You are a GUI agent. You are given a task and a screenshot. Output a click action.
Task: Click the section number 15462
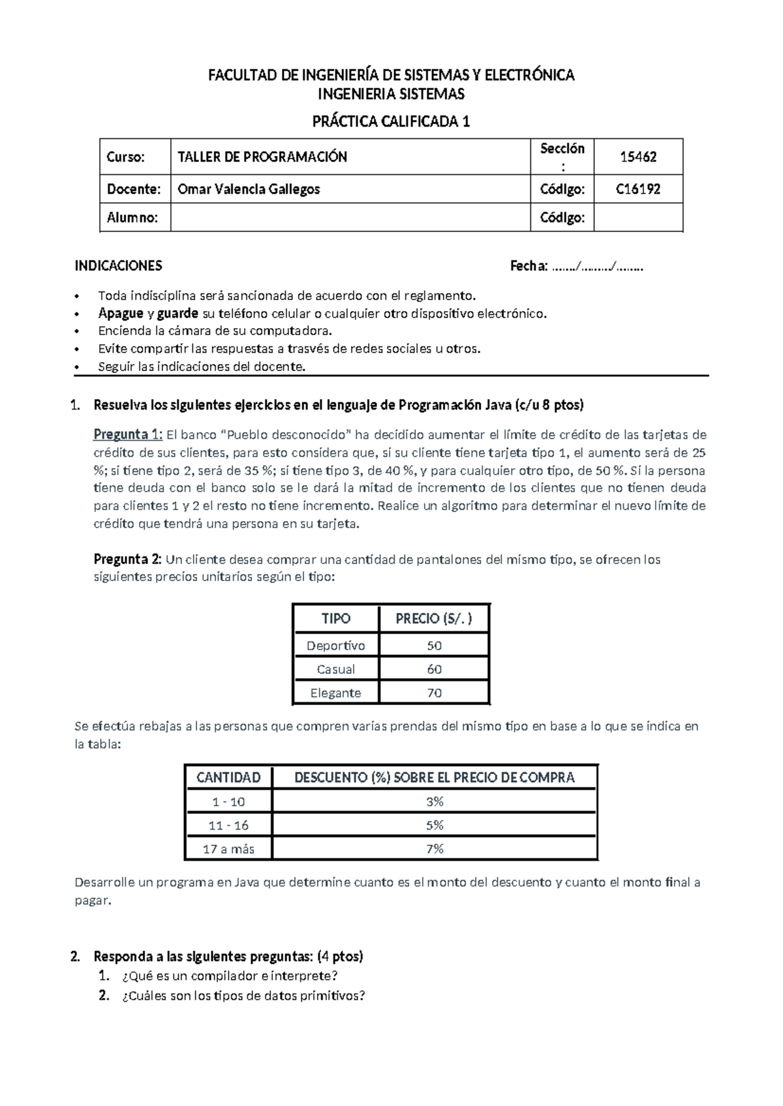(x=637, y=157)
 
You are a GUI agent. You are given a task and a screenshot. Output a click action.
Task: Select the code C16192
(x=637, y=189)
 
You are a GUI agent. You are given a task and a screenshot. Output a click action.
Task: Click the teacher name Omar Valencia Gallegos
(x=249, y=189)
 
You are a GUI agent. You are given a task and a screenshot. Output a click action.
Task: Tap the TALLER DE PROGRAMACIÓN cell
(x=262, y=157)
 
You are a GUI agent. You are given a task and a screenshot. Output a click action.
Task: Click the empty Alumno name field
(x=350, y=217)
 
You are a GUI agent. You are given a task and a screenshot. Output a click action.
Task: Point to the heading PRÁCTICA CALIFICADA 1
(x=391, y=121)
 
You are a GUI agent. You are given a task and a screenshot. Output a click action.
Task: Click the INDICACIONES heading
(x=118, y=265)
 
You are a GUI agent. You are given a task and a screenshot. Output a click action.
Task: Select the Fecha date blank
(x=597, y=266)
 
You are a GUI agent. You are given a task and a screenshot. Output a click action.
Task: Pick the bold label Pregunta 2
(x=127, y=559)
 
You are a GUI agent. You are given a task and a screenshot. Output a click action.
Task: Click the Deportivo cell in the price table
(x=335, y=645)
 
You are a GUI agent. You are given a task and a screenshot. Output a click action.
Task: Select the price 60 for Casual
(x=434, y=669)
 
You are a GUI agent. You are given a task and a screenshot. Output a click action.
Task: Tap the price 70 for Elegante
(x=434, y=693)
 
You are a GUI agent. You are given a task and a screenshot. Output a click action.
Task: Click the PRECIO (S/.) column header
(x=433, y=618)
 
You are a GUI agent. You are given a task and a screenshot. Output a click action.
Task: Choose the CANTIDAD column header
(x=228, y=777)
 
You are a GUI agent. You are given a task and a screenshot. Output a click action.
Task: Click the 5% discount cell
(x=435, y=825)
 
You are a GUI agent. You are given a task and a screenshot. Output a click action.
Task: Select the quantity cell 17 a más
(x=228, y=848)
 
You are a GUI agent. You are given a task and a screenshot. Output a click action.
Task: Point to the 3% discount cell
(x=435, y=801)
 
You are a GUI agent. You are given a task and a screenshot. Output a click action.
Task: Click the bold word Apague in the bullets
(x=121, y=313)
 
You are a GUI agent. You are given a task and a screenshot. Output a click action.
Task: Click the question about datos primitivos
(x=243, y=996)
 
